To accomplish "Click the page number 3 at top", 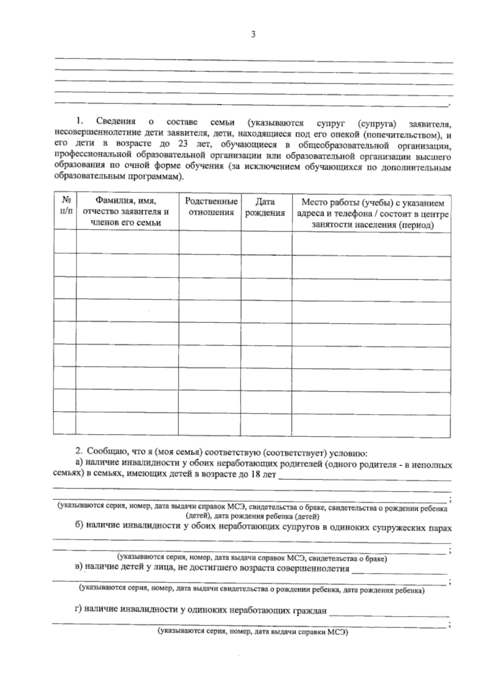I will coord(253,35).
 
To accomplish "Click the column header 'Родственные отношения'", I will coord(211,207).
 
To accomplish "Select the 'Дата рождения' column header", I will coord(265,207).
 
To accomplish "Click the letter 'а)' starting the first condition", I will coord(79,463).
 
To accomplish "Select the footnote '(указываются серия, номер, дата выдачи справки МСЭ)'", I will coord(252,631).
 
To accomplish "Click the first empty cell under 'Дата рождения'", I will coord(266,243).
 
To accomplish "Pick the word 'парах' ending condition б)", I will coord(440,528).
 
